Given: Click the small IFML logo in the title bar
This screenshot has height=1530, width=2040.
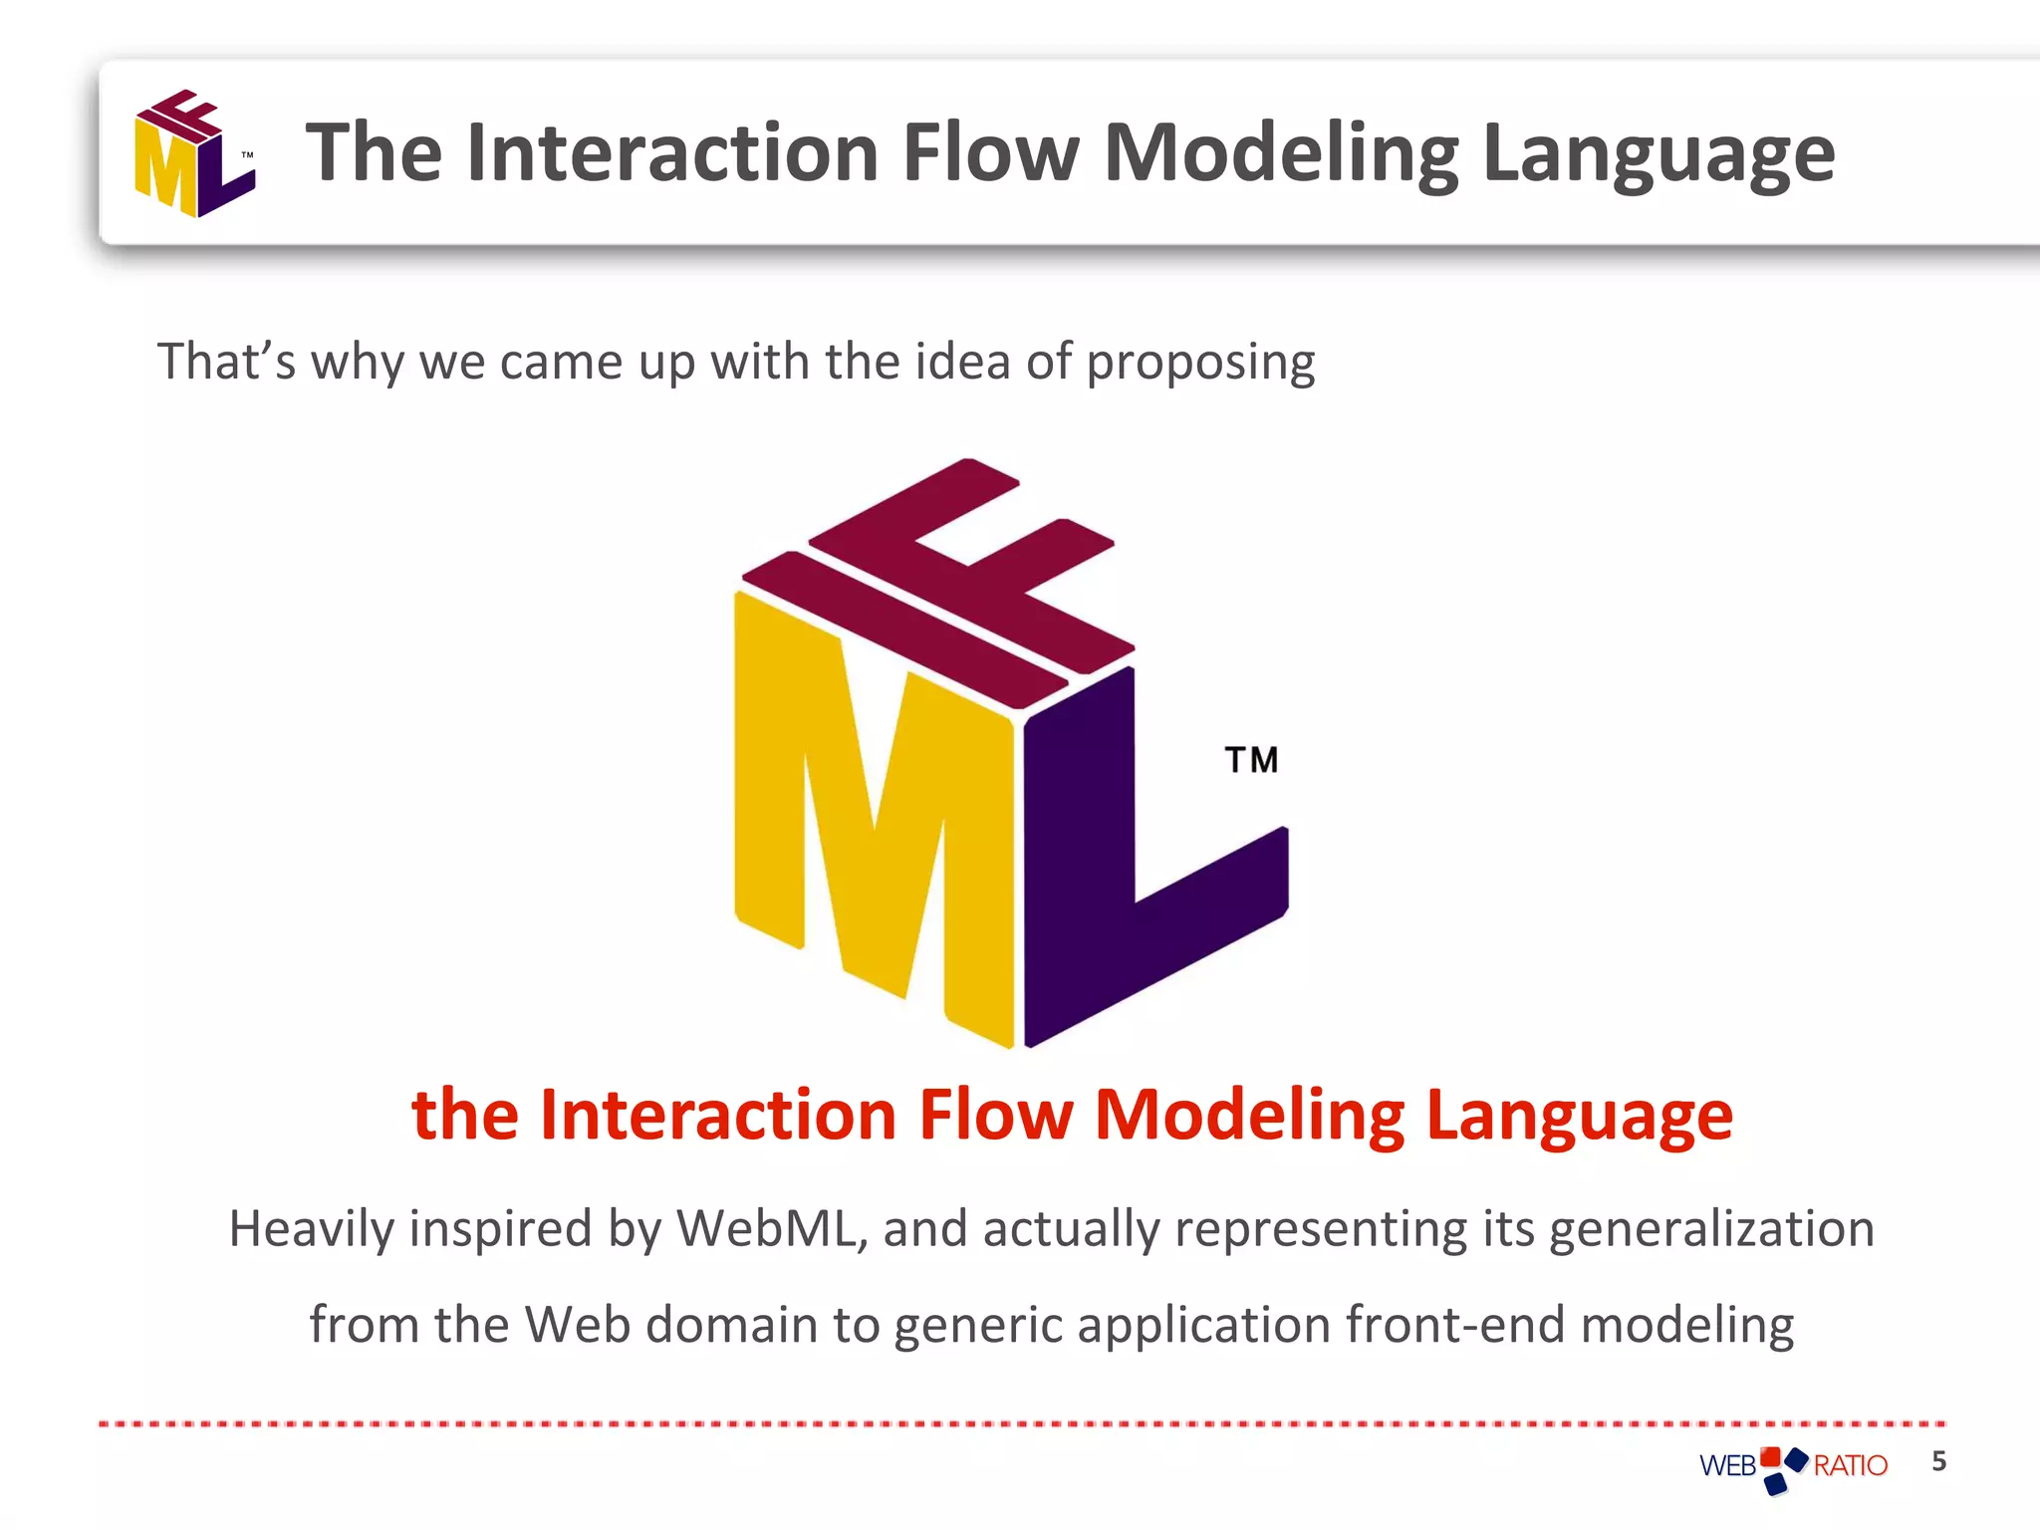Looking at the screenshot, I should click(x=194, y=153).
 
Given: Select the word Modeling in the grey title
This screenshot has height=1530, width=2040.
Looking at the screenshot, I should click(x=1281, y=154).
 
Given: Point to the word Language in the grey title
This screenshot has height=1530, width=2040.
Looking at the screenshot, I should click(x=1657, y=154).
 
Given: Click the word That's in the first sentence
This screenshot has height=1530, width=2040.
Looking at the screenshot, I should click(x=226, y=361).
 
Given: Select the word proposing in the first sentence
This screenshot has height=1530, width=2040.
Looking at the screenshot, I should click(x=1200, y=363).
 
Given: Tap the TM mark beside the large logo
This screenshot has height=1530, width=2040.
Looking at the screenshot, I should click(x=1251, y=760).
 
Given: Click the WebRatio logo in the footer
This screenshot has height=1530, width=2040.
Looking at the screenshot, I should click(x=1793, y=1466).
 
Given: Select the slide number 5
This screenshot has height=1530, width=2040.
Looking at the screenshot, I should click(x=1938, y=1461).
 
